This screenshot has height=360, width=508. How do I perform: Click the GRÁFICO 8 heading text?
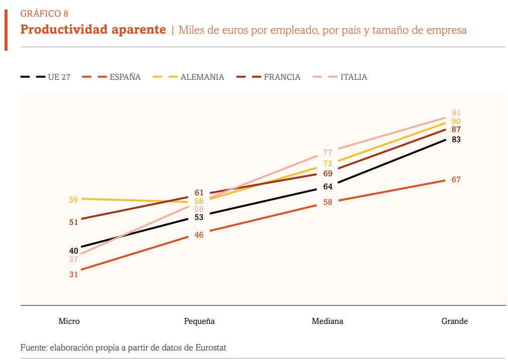[x=44, y=14]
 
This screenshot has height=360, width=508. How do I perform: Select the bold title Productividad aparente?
[x=93, y=30]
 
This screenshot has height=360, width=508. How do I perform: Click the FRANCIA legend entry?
[x=282, y=77]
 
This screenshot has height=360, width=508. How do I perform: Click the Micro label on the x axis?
[x=69, y=321]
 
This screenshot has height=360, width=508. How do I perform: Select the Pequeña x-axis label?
[x=199, y=321]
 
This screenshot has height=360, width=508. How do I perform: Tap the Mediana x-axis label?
[x=327, y=321]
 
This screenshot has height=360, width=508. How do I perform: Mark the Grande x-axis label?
[x=454, y=321]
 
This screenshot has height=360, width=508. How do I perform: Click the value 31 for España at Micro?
[x=74, y=274]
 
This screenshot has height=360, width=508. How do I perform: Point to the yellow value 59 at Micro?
[x=73, y=199]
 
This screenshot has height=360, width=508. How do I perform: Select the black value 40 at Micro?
[x=74, y=251]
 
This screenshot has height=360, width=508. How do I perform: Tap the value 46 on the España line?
[x=199, y=234]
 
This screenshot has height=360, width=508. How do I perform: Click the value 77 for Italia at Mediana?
[x=328, y=153]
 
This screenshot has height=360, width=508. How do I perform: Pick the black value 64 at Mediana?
[x=328, y=187]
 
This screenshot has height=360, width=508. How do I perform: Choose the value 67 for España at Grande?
[x=456, y=180]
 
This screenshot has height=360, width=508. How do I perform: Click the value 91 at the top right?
[x=456, y=113]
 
